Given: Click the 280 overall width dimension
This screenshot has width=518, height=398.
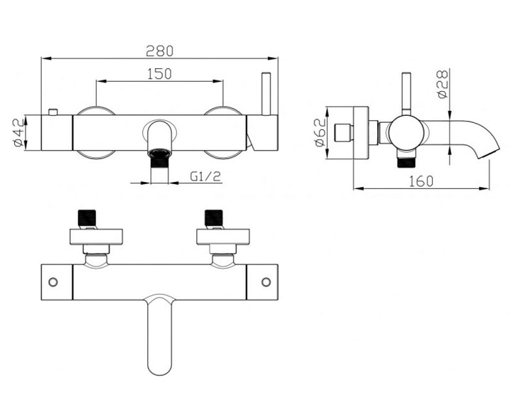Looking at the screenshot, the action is pos(160,50).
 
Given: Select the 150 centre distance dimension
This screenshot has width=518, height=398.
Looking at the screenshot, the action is pos(160,74).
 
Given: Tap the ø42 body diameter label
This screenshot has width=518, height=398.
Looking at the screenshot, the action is pos(18,133).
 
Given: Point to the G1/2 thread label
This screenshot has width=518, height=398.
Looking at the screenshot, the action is pos(205,176).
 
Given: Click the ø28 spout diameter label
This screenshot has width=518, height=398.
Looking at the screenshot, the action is pos(443,84).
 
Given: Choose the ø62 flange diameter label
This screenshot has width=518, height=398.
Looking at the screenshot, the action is pos(320,132).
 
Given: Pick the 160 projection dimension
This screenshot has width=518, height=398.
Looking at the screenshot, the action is pos(421,181).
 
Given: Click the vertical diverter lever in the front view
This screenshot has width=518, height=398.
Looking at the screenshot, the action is pos(266,94).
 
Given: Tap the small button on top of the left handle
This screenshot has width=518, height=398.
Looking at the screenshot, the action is pos(53,112).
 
